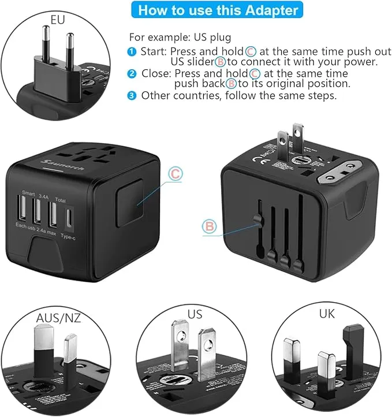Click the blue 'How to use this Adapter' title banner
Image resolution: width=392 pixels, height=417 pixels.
click(x=218, y=10)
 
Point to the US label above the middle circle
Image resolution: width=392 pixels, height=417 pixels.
click(x=195, y=314)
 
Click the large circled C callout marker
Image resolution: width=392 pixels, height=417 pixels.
click(x=176, y=173)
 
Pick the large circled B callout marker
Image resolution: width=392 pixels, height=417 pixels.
click(x=209, y=226)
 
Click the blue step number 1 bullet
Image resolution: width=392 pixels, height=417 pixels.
click(x=132, y=51)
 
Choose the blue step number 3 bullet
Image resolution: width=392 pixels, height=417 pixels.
click(x=132, y=95)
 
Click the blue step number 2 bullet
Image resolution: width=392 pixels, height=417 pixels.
click(x=132, y=73)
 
